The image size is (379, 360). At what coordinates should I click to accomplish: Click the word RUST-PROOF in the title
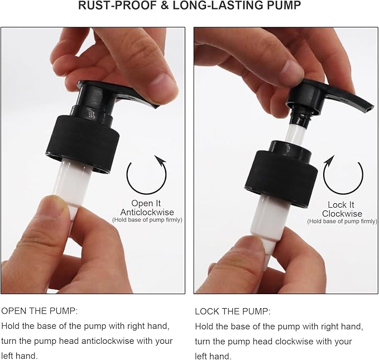(x=117, y=6)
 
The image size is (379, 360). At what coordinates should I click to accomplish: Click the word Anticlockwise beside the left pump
(x=147, y=212)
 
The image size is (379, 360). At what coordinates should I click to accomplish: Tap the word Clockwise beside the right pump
(x=342, y=214)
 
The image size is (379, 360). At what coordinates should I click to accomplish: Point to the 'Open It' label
(x=146, y=203)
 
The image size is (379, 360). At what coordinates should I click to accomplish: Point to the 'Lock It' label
(x=341, y=205)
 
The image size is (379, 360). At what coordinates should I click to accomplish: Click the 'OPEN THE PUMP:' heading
(x=40, y=311)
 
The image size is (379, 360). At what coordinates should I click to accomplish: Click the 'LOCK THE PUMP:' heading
(x=233, y=311)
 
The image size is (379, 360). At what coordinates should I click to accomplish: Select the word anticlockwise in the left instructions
(x=108, y=341)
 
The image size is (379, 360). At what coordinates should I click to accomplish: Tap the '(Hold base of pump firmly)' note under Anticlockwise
(x=147, y=220)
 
